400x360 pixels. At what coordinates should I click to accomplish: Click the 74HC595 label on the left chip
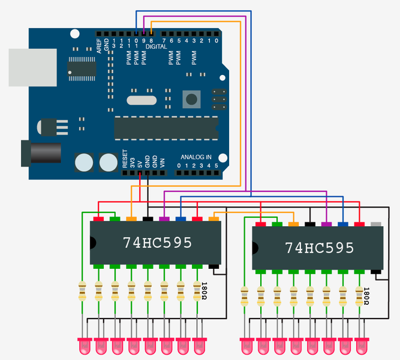point(157,243)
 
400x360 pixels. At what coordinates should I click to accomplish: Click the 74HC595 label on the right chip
point(319,248)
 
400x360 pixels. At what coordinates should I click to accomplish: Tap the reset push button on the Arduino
point(191,98)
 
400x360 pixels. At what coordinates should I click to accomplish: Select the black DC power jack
point(42,154)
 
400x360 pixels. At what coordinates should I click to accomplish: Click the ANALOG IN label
point(196,157)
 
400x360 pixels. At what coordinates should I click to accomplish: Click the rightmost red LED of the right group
point(362,346)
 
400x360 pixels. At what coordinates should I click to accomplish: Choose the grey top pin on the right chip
point(376,224)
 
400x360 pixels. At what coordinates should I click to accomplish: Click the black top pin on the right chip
point(310,224)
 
